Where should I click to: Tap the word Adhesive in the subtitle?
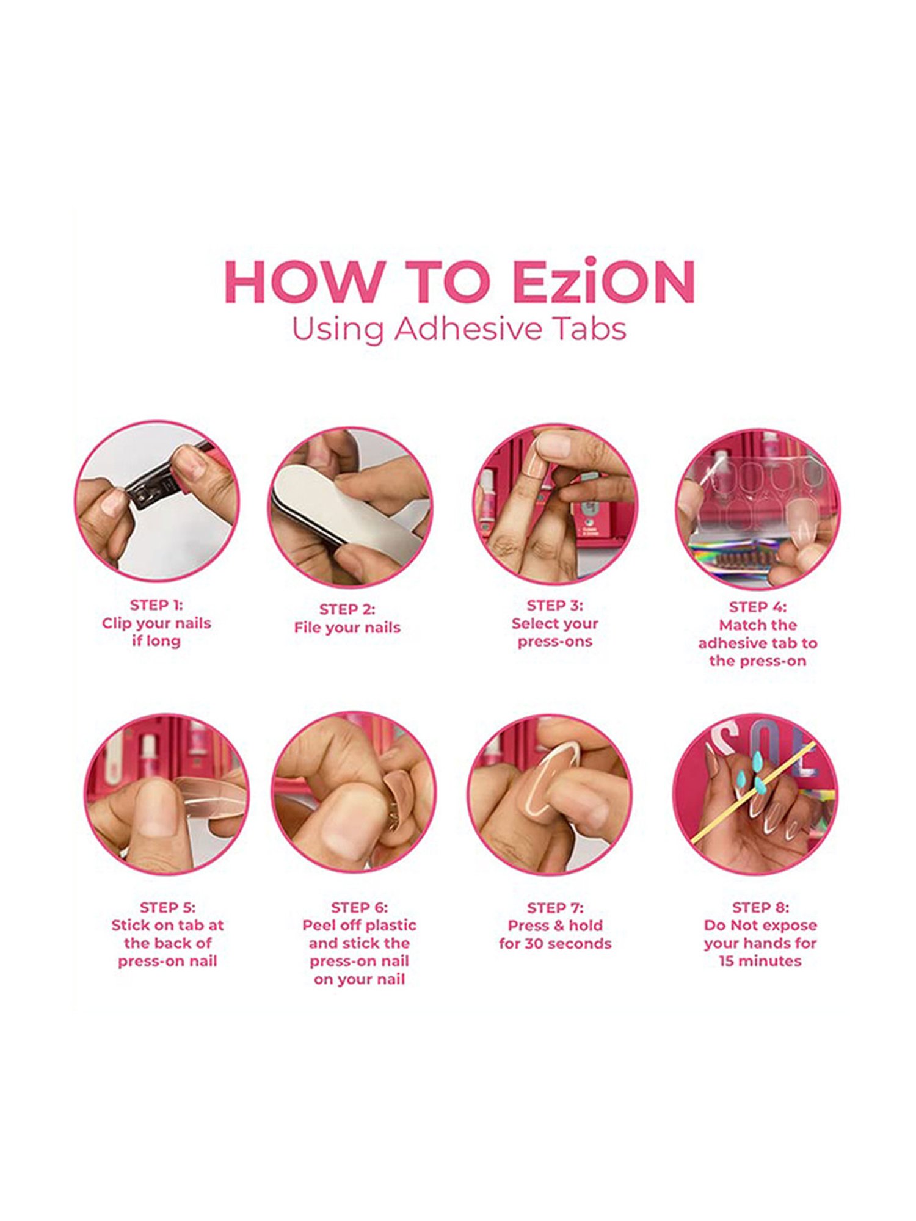pyautogui.click(x=469, y=328)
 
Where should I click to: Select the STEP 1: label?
pyautogui.click(x=156, y=605)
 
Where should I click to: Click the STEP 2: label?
pyautogui.click(x=347, y=609)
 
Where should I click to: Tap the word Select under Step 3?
pyautogui.click(x=533, y=623)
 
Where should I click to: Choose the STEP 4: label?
pyautogui.click(x=758, y=607)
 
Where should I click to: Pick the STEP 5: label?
pyautogui.click(x=167, y=907)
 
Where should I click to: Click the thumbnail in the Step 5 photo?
pyautogui.click(x=155, y=809)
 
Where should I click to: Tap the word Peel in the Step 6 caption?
pyautogui.click(x=319, y=925)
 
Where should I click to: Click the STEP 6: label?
pyautogui.click(x=359, y=907)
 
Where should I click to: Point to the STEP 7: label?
pyautogui.click(x=555, y=908)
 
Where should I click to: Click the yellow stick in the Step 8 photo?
pyautogui.click(x=752, y=792)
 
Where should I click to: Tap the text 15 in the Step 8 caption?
pyautogui.click(x=726, y=961)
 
